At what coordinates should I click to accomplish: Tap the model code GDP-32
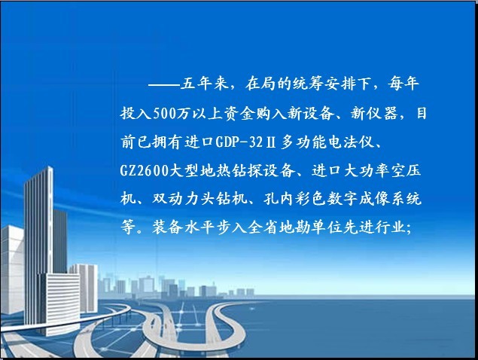pos(239,142)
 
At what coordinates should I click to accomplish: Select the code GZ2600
pos(145,170)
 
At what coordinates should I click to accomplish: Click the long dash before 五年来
pos(163,85)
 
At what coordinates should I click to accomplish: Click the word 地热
pos(216,170)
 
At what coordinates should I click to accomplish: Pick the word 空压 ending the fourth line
pos(406,170)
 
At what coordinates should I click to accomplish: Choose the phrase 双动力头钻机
pos(199,199)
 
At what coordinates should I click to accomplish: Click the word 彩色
pos(311,199)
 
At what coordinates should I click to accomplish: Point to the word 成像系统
pos(390,199)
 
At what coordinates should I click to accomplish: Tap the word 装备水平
pos(184,227)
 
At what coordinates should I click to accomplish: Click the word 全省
pos(263,227)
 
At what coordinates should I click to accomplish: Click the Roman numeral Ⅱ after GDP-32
pos(271,142)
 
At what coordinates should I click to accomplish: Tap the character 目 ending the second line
pos(422,113)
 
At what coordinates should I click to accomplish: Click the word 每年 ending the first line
pos(403,84)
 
